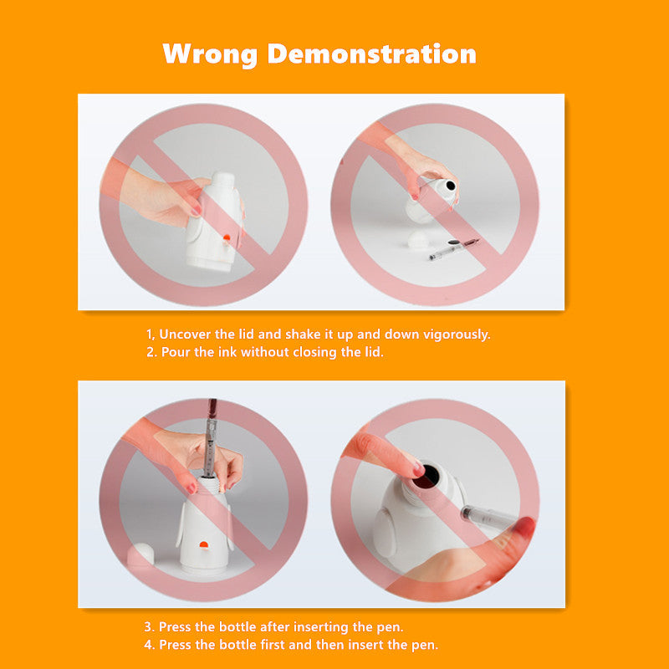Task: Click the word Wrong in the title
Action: coord(210,55)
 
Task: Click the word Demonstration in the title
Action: coord(371,54)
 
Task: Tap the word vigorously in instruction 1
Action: coord(457,334)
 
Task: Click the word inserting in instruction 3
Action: coord(321,627)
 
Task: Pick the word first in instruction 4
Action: coord(273,644)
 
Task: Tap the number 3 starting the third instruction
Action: coord(149,627)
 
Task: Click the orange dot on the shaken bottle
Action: coord(226,237)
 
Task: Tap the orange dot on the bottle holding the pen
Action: coord(204,544)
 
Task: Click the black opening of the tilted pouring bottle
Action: coord(450,186)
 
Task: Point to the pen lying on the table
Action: coord(454,249)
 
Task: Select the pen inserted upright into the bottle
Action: coord(210,437)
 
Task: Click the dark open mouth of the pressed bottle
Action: coord(428,475)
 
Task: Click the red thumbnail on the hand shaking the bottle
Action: coord(195,210)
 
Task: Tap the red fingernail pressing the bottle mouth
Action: coord(419,470)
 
